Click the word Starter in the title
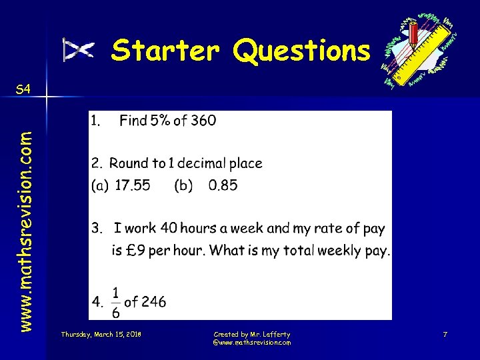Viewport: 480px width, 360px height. pyautogui.click(x=166, y=51)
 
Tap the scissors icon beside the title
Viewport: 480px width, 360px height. pyautogui.click(x=79, y=50)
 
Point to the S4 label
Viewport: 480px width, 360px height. pyautogui.click(x=23, y=89)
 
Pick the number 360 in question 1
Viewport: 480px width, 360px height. pyautogui.click(x=203, y=121)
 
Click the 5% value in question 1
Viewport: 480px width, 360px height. pyautogui.click(x=159, y=121)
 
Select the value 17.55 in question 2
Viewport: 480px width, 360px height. pyautogui.click(x=133, y=185)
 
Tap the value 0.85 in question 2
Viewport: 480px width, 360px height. pyautogui.click(x=223, y=185)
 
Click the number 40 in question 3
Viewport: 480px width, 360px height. pyautogui.click(x=169, y=228)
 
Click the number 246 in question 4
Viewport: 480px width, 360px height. pyautogui.click(x=153, y=301)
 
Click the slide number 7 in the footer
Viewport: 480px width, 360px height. pyautogui.click(x=444, y=333)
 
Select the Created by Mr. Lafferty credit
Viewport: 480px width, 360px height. pyautogui.click(x=251, y=333)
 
